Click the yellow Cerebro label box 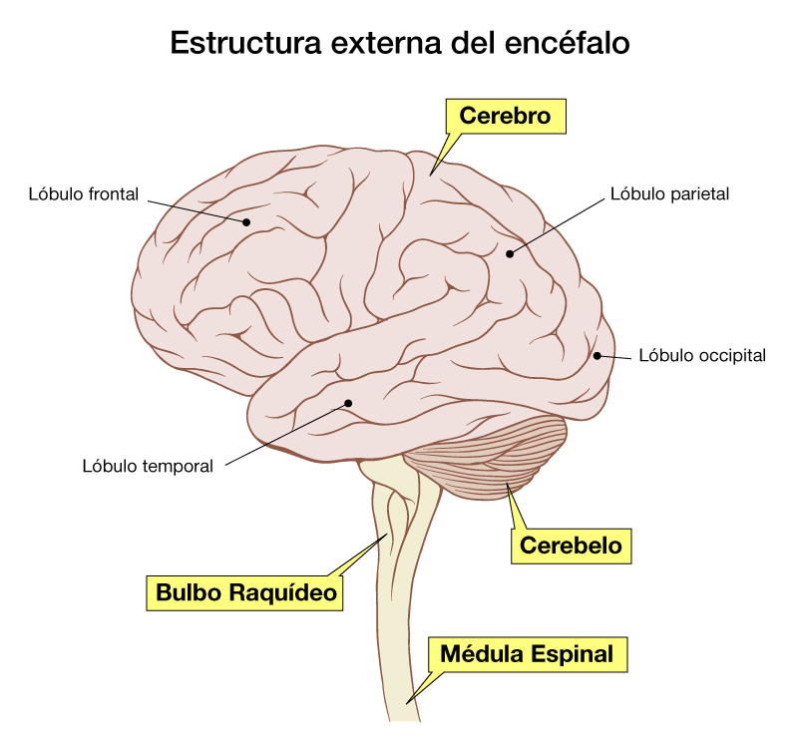click(505, 116)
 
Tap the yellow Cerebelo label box click(571, 546)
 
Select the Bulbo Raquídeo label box click(246, 593)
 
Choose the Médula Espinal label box click(528, 654)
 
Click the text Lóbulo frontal click(84, 193)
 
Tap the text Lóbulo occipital click(702, 355)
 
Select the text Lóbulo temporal click(149, 466)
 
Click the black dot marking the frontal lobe click(245, 222)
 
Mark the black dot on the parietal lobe click(509, 253)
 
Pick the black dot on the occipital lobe click(597, 355)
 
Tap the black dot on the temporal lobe click(348, 403)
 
